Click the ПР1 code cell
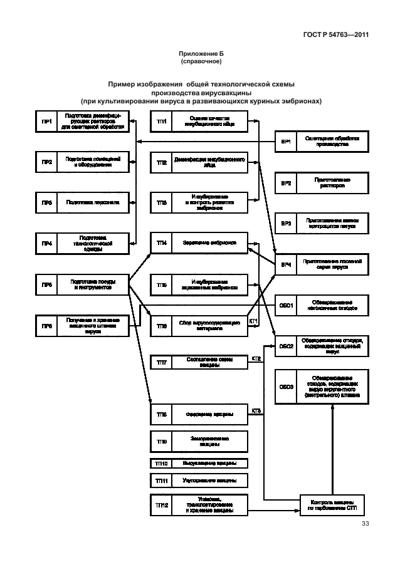46,122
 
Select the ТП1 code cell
162,122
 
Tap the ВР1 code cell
286,142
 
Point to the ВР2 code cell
286,183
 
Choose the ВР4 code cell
286,264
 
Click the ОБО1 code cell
286,305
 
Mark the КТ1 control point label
254,321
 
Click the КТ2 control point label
256,358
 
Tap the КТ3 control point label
256,411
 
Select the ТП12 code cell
162,505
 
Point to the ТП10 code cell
162,464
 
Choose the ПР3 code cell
46,203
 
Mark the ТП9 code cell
162,442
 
